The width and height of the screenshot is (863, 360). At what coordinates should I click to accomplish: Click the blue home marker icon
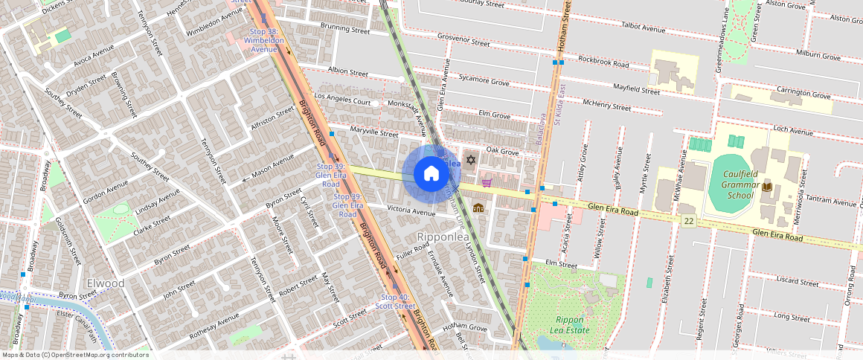point(431,174)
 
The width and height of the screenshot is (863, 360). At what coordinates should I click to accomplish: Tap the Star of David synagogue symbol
point(469,159)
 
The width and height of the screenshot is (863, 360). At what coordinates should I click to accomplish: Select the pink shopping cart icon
point(487,182)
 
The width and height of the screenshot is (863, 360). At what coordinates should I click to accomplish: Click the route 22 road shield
point(690,221)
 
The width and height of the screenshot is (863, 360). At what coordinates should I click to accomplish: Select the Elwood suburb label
point(105,283)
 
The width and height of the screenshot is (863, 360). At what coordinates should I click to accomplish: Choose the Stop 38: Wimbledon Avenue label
point(263,40)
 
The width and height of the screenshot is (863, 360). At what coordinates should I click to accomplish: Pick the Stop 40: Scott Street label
point(394,301)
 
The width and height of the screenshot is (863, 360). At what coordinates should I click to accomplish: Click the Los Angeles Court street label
point(342,99)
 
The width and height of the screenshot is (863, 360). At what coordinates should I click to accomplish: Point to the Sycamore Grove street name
point(484,79)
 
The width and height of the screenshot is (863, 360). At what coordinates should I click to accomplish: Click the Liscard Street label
point(797,281)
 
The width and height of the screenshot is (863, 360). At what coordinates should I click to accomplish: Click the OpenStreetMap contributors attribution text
point(75,355)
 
